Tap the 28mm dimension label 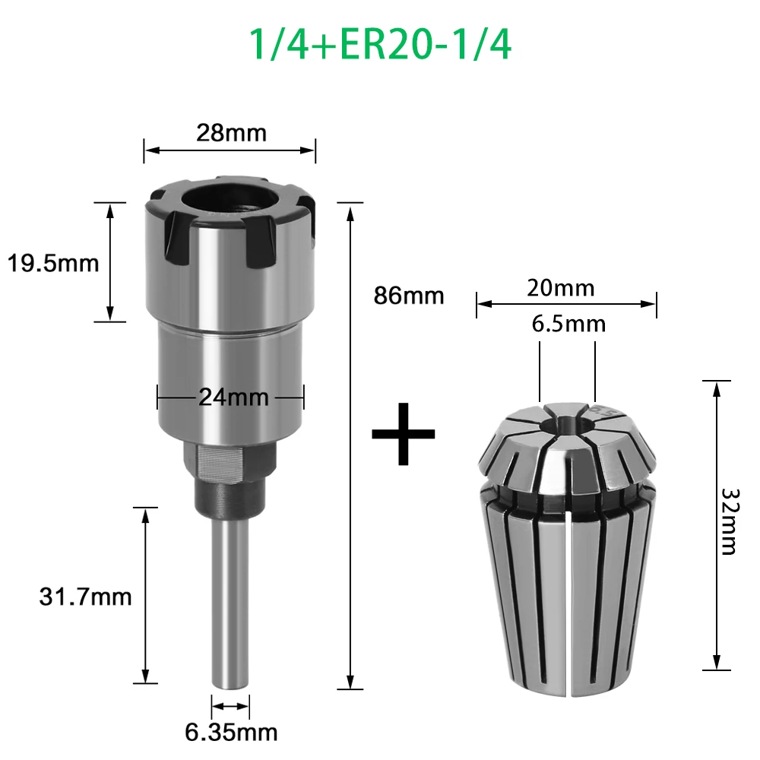(230, 133)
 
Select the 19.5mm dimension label (53, 263)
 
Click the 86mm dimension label (408, 295)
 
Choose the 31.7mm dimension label (85, 597)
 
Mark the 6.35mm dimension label (231, 733)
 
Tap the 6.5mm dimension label (568, 324)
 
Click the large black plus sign (404, 435)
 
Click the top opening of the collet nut (230, 198)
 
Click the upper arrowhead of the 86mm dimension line (350, 210)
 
